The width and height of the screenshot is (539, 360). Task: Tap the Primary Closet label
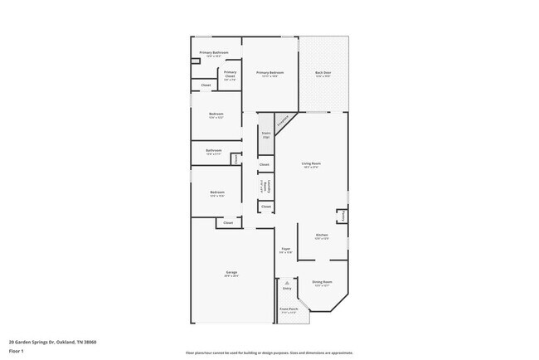[x=230, y=74]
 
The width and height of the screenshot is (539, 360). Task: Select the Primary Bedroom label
[x=270, y=74]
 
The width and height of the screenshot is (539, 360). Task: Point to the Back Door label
[x=323, y=74]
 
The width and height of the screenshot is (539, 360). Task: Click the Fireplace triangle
[x=283, y=122]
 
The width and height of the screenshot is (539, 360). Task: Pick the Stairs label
[x=266, y=134]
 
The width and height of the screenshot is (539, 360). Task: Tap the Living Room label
[x=311, y=165]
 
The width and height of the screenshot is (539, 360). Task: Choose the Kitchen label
[x=322, y=236]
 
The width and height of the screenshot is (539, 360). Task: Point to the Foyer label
[x=285, y=251]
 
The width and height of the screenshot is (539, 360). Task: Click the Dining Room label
[x=322, y=284]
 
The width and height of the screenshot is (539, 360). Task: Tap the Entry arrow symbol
[x=287, y=283]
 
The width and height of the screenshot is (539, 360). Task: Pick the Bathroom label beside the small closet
[x=213, y=152]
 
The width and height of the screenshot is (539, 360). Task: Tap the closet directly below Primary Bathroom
[x=206, y=85]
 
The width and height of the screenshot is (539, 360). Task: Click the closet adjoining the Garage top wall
[x=228, y=222]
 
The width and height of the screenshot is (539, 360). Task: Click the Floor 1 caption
[x=17, y=351]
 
